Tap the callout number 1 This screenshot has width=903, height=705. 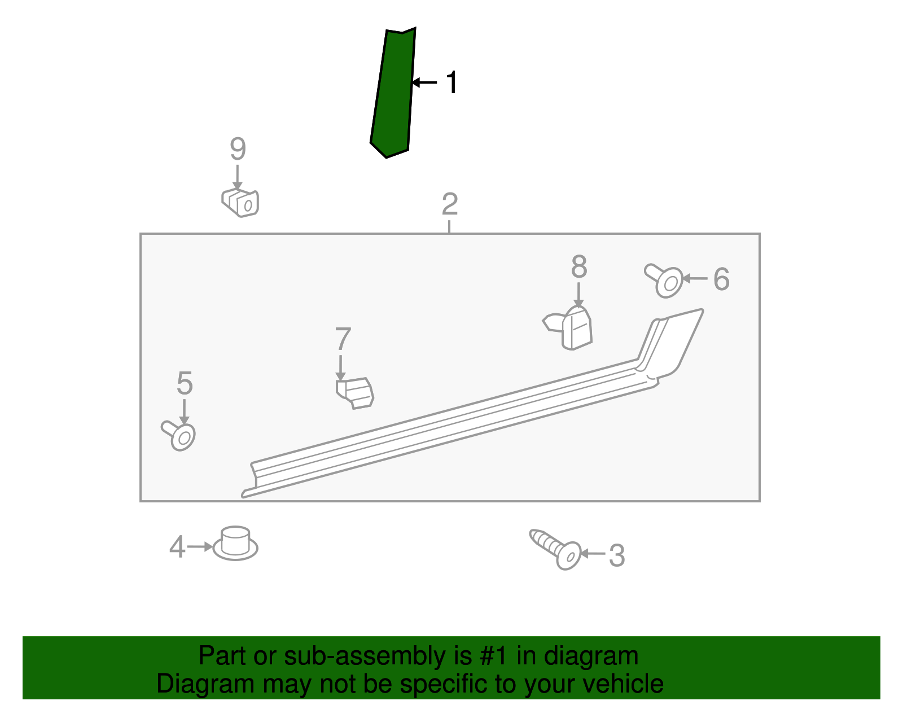point(451,82)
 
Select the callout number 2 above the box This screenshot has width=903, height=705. point(450,204)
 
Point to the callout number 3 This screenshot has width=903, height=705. point(617,555)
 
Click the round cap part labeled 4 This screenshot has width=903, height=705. point(235,544)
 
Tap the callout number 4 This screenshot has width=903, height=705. point(177,547)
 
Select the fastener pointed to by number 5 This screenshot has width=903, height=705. point(179,435)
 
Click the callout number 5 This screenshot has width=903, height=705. point(185,383)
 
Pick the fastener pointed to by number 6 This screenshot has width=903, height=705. point(664,281)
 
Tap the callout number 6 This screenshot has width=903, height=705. point(721,279)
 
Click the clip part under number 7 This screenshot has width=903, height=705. point(355,393)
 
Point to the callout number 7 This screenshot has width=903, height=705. point(343,339)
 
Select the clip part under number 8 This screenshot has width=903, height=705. point(568,328)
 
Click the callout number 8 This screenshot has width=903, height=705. point(579,267)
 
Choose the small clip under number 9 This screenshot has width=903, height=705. point(240,203)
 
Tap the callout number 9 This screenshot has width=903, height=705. point(238,148)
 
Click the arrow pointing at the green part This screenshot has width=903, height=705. point(424,82)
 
